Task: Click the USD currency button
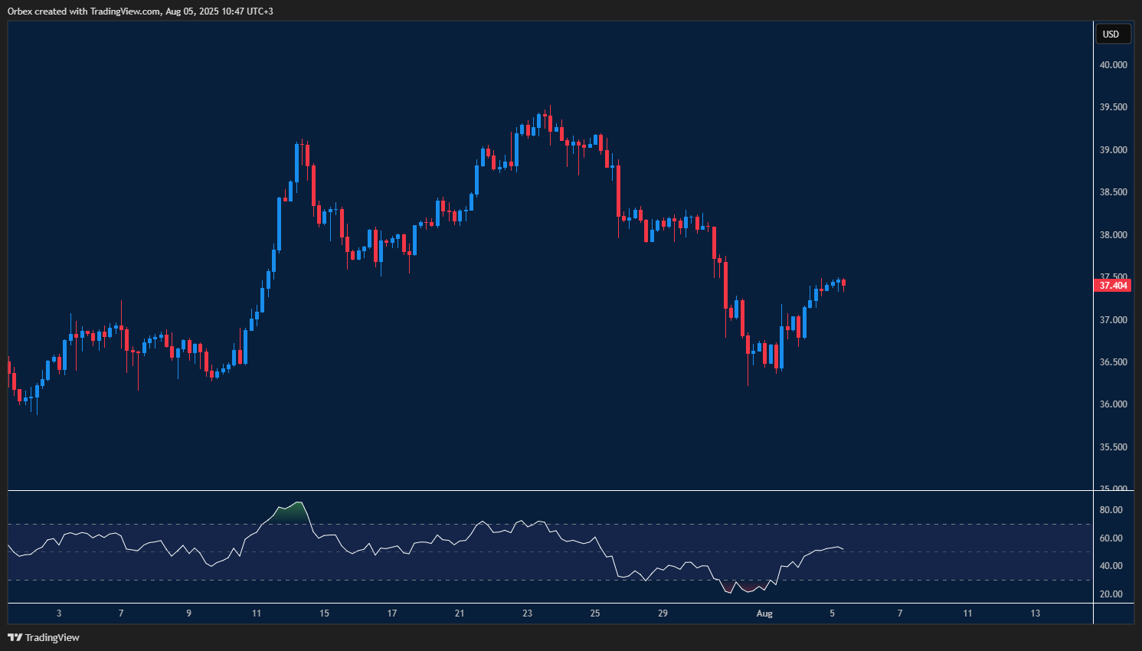click(x=1111, y=34)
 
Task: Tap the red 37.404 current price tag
click(x=1113, y=286)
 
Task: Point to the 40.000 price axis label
click(x=1113, y=65)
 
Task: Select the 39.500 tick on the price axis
click(x=1113, y=107)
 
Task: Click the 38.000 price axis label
click(x=1113, y=235)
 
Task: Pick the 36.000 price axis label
click(x=1113, y=404)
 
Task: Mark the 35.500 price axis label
click(x=1113, y=447)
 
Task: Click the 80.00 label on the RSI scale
click(x=1111, y=510)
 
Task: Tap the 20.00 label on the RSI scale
click(x=1111, y=594)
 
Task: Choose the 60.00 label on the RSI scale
click(x=1111, y=538)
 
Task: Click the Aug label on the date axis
click(x=764, y=613)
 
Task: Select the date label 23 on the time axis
click(x=528, y=613)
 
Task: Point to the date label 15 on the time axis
click(x=324, y=613)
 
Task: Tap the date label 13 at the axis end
click(x=1036, y=613)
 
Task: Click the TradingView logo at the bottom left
click(x=44, y=637)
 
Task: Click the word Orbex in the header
click(x=20, y=11)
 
